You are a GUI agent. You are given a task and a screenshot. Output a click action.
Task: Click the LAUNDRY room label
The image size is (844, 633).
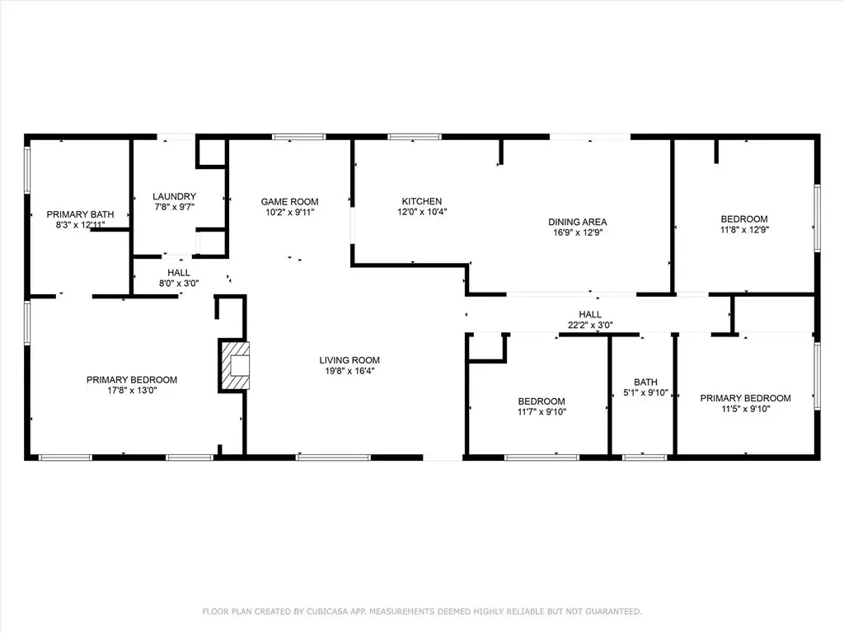(x=174, y=196)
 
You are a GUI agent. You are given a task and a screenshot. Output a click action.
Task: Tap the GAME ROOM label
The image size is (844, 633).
(x=289, y=202)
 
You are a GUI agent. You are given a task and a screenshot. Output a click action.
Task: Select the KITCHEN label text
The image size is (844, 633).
(x=422, y=201)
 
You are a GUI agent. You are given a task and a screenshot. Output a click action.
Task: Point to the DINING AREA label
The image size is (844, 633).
(x=578, y=222)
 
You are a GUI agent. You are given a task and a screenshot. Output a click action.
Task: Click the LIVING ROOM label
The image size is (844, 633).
(x=349, y=360)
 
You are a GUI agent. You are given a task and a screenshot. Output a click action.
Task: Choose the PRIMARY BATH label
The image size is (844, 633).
(x=80, y=214)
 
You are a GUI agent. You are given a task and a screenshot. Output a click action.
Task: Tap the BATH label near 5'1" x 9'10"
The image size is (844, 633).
(x=645, y=382)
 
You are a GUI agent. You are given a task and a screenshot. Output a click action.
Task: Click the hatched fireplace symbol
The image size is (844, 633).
(x=234, y=365)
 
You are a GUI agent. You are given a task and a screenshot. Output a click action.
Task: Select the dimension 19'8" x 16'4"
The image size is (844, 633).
(x=349, y=371)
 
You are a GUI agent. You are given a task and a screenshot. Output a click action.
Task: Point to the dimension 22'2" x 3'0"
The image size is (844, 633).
(x=590, y=325)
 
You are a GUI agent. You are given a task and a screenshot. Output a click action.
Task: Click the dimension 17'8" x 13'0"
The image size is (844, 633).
(x=132, y=390)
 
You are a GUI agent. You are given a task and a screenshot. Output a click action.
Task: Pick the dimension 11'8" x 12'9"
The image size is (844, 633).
(x=744, y=230)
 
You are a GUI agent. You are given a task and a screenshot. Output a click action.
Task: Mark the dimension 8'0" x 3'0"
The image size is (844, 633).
(x=179, y=284)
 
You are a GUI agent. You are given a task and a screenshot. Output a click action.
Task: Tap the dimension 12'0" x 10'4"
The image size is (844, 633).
(x=422, y=212)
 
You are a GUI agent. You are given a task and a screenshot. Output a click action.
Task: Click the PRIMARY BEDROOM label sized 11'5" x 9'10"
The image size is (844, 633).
(x=745, y=398)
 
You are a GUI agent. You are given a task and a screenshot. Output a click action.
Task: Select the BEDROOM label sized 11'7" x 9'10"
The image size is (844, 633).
(x=542, y=401)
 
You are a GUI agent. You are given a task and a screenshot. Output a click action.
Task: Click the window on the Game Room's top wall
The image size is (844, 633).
(x=298, y=137)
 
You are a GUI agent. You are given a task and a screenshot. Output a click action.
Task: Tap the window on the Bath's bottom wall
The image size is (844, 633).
(x=645, y=457)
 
